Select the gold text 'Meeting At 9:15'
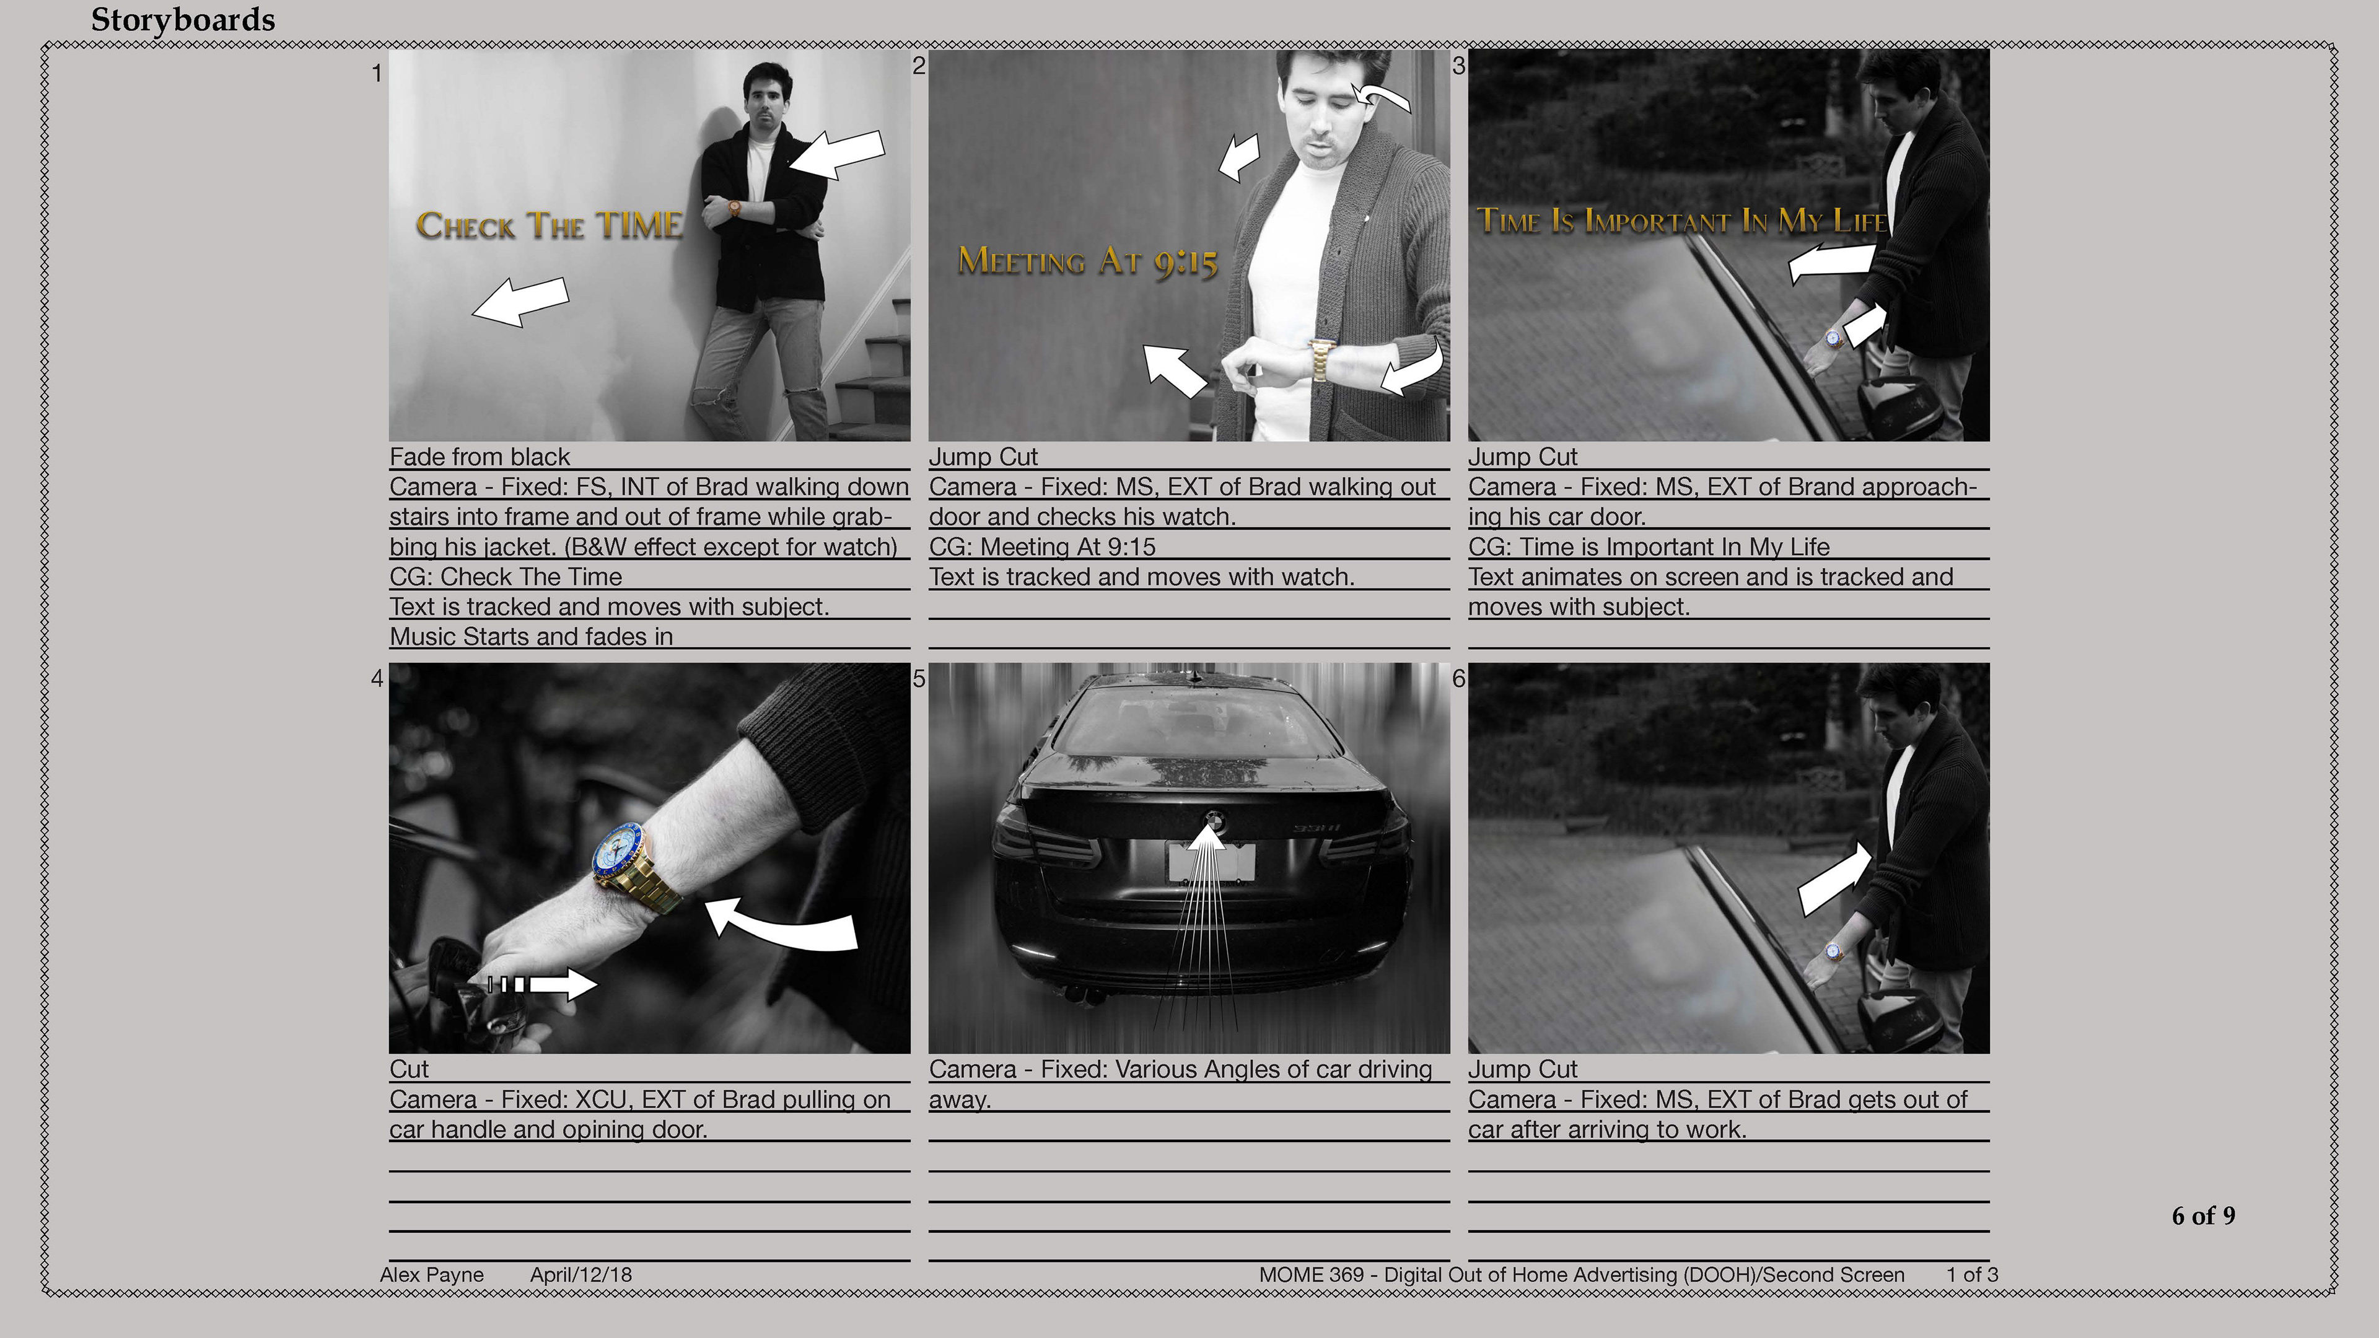(x=1088, y=261)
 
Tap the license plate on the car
(x=1212, y=862)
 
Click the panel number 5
(x=919, y=679)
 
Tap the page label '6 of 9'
(x=2204, y=1215)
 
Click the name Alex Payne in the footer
(x=431, y=1274)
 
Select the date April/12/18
(x=581, y=1274)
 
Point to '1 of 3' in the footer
(x=1972, y=1274)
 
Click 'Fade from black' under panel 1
(x=480, y=457)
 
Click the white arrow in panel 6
(x=1836, y=878)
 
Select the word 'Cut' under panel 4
(x=409, y=1069)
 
